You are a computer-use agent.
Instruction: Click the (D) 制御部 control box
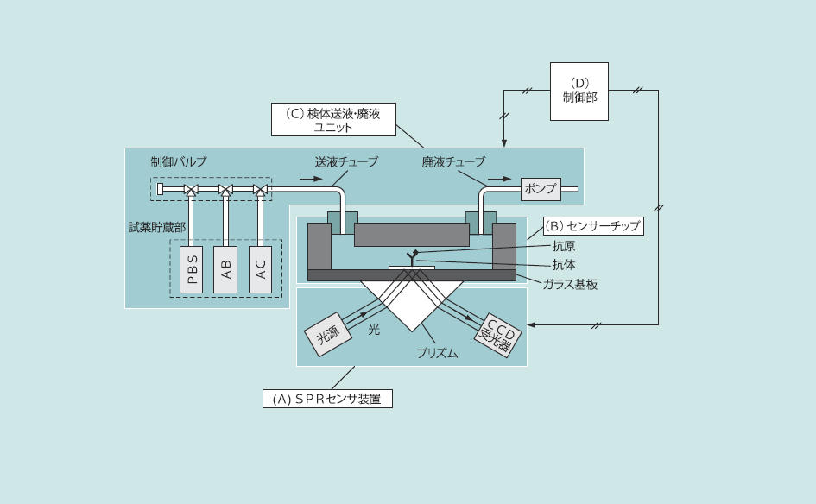click(x=579, y=91)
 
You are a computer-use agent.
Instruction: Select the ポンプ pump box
click(x=541, y=189)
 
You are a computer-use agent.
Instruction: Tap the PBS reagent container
click(x=192, y=269)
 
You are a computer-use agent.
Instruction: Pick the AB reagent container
click(x=225, y=269)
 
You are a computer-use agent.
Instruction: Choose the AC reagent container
click(x=260, y=269)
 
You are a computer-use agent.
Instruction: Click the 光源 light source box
click(x=328, y=335)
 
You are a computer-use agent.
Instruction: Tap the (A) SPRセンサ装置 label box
click(x=327, y=399)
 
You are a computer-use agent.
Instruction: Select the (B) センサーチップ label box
click(x=593, y=226)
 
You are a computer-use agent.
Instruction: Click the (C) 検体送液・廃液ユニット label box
click(x=332, y=119)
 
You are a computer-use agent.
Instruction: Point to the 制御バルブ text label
click(x=178, y=161)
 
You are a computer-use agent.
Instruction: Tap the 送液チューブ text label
click(x=345, y=161)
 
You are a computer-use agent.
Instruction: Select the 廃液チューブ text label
click(x=453, y=161)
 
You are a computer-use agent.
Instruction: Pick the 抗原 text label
click(x=563, y=246)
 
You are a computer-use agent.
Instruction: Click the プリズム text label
click(x=437, y=354)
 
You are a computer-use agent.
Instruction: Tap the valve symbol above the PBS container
click(x=192, y=189)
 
